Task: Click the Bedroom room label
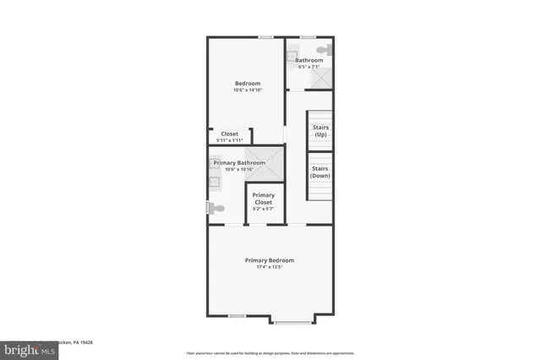(x=247, y=83)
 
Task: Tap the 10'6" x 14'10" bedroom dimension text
(x=247, y=90)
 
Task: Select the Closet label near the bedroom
(x=229, y=134)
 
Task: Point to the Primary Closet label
(x=264, y=199)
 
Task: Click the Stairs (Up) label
(x=320, y=131)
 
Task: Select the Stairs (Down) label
(x=320, y=172)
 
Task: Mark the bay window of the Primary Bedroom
(x=292, y=322)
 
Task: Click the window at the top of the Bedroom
(x=265, y=36)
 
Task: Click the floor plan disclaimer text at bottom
(x=270, y=352)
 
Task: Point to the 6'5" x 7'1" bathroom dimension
(x=309, y=68)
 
